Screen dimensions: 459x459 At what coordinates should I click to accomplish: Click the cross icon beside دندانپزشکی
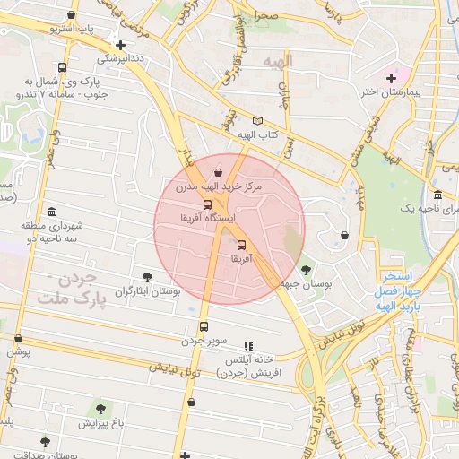click(120, 45)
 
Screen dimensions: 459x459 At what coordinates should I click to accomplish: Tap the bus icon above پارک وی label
click(62, 68)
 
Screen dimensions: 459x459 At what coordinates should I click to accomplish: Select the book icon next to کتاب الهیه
click(259, 121)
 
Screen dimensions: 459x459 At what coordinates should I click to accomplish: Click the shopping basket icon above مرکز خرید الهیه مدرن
click(219, 172)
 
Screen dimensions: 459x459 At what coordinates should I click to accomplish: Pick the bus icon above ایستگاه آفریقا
click(208, 204)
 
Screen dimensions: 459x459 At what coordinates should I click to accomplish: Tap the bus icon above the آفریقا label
click(241, 245)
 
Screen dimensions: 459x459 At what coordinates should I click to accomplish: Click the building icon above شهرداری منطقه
click(51, 212)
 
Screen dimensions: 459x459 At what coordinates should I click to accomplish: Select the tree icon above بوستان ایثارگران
click(148, 278)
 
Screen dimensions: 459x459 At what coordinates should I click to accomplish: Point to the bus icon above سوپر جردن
click(204, 327)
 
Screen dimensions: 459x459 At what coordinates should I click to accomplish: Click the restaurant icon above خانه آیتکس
click(249, 345)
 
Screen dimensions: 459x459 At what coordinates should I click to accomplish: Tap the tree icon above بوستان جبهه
click(306, 269)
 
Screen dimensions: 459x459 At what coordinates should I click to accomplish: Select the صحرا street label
click(265, 16)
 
